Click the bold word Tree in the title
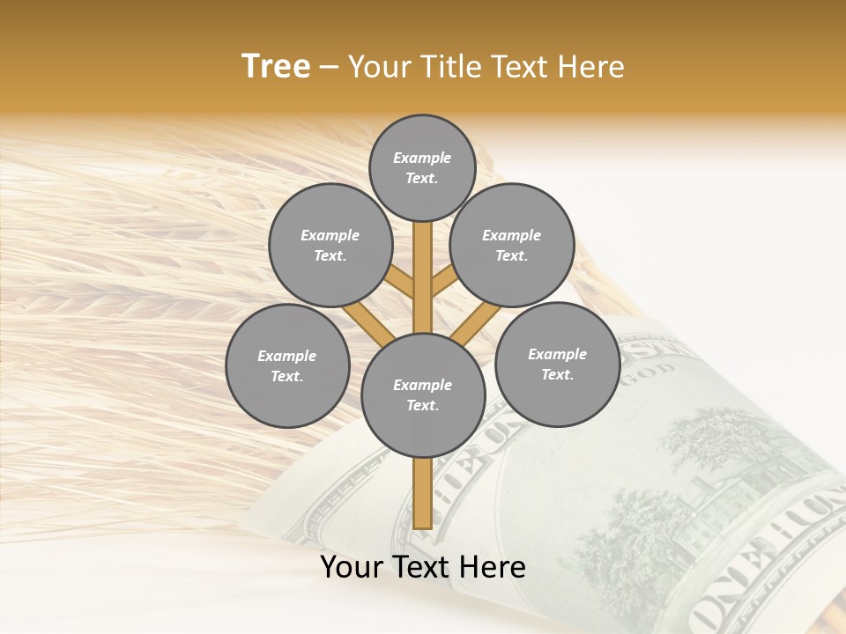[x=276, y=67]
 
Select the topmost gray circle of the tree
[x=422, y=167]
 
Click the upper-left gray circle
[x=330, y=245]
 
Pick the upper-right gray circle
[x=512, y=245]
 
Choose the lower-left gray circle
[x=287, y=365]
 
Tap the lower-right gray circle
[x=557, y=364]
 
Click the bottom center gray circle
[x=423, y=395]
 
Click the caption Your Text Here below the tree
[x=423, y=567]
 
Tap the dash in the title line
[x=330, y=68]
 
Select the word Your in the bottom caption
[x=351, y=567]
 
